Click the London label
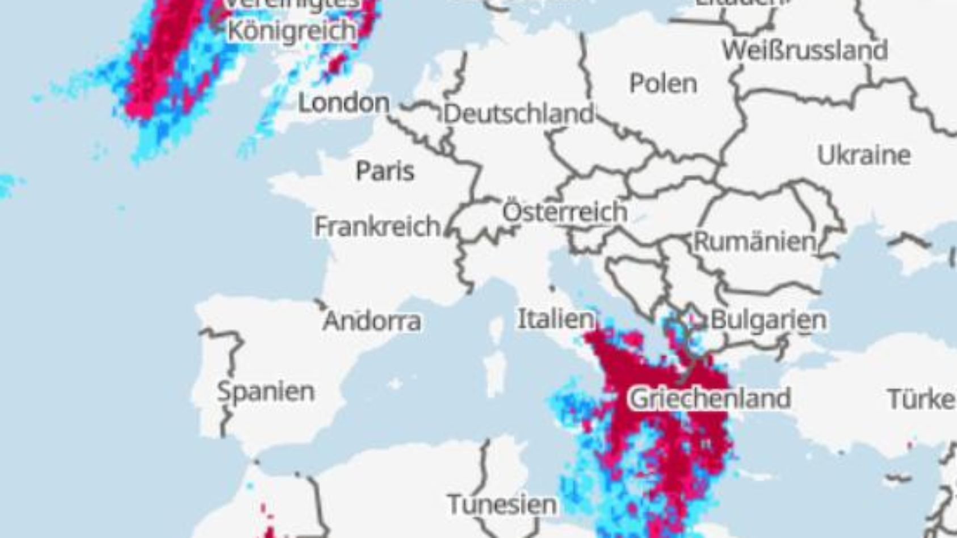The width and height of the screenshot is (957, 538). [344, 103]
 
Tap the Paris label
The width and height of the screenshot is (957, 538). [385, 171]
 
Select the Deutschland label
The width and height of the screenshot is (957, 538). [518, 114]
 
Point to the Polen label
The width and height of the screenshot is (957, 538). [663, 84]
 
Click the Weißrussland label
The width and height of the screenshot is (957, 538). [805, 51]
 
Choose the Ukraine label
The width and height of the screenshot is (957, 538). [863, 155]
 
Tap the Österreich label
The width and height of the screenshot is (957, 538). [565, 212]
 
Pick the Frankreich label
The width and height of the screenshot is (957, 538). [377, 226]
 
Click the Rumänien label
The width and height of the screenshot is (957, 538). [754, 242]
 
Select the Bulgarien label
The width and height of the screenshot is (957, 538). [768, 320]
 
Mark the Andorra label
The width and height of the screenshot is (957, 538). [372, 322]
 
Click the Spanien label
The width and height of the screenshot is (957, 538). [266, 392]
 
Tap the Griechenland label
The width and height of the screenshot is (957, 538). [710, 398]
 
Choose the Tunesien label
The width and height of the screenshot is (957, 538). [502, 505]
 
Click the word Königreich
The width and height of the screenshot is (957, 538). [292, 30]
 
